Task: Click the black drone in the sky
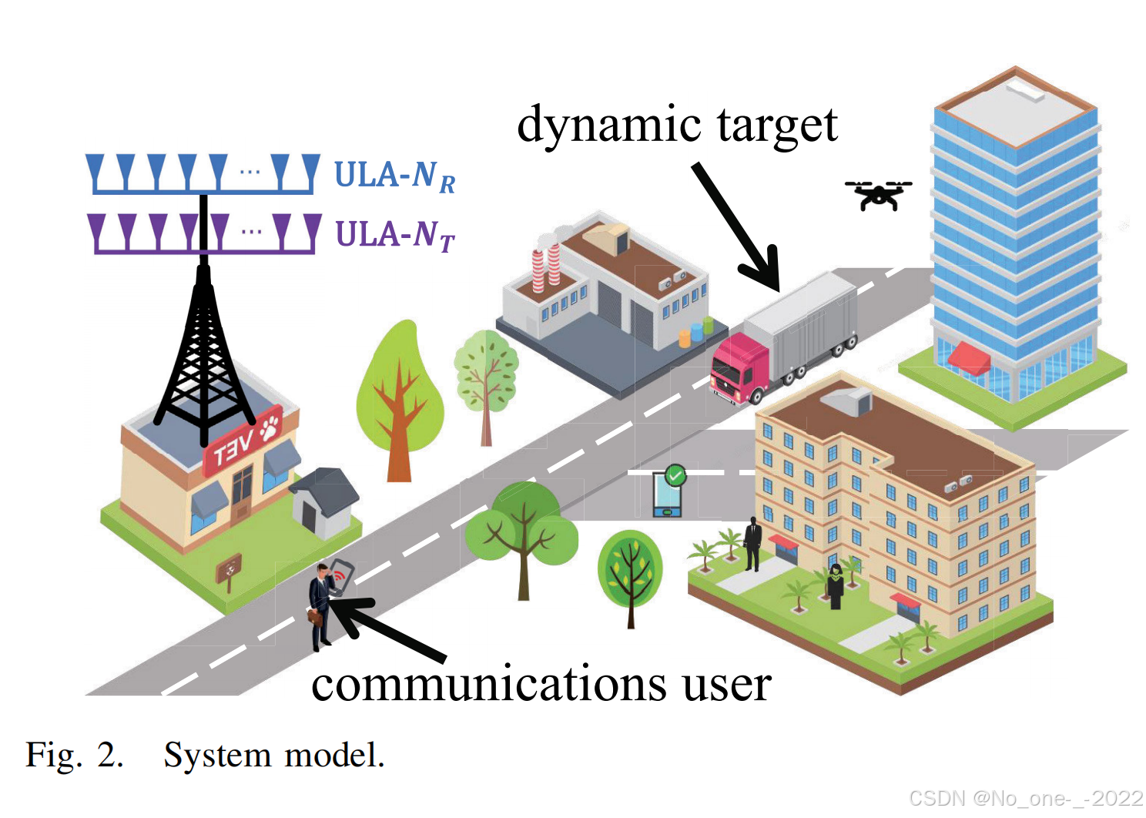[x=878, y=195]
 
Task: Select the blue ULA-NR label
[x=394, y=176]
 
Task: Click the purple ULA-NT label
[x=394, y=235]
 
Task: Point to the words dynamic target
[x=677, y=125]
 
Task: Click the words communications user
[x=541, y=683]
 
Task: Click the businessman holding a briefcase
[x=321, y=605]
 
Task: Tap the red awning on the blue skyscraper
[x=969, y=357]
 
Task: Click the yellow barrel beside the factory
[x=684, y=338]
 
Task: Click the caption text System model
[x=273, y=756]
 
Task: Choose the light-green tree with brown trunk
[x=399, y=401]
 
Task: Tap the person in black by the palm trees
[x=752, y=544]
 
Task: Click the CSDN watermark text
[x=1025, y=799]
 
